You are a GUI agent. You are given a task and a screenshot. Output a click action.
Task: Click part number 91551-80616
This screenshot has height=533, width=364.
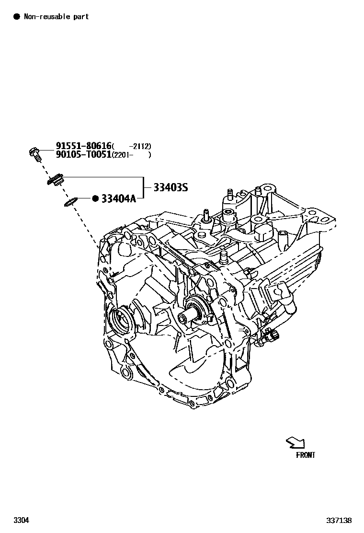83,146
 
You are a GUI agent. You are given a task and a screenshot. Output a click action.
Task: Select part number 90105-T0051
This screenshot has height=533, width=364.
83,154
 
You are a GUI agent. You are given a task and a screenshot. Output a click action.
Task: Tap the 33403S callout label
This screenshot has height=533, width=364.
171,187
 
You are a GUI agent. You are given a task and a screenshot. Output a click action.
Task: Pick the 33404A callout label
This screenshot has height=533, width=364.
118,198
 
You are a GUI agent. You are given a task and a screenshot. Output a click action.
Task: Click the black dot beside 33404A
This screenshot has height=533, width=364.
95,198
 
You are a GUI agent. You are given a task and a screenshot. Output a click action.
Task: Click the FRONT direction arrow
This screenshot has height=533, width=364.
295,442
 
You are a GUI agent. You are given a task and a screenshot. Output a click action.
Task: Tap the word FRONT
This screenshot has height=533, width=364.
306,455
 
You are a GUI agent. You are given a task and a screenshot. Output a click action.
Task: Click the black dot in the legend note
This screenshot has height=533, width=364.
17,17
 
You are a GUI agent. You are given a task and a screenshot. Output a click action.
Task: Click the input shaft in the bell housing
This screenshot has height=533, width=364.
187,318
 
